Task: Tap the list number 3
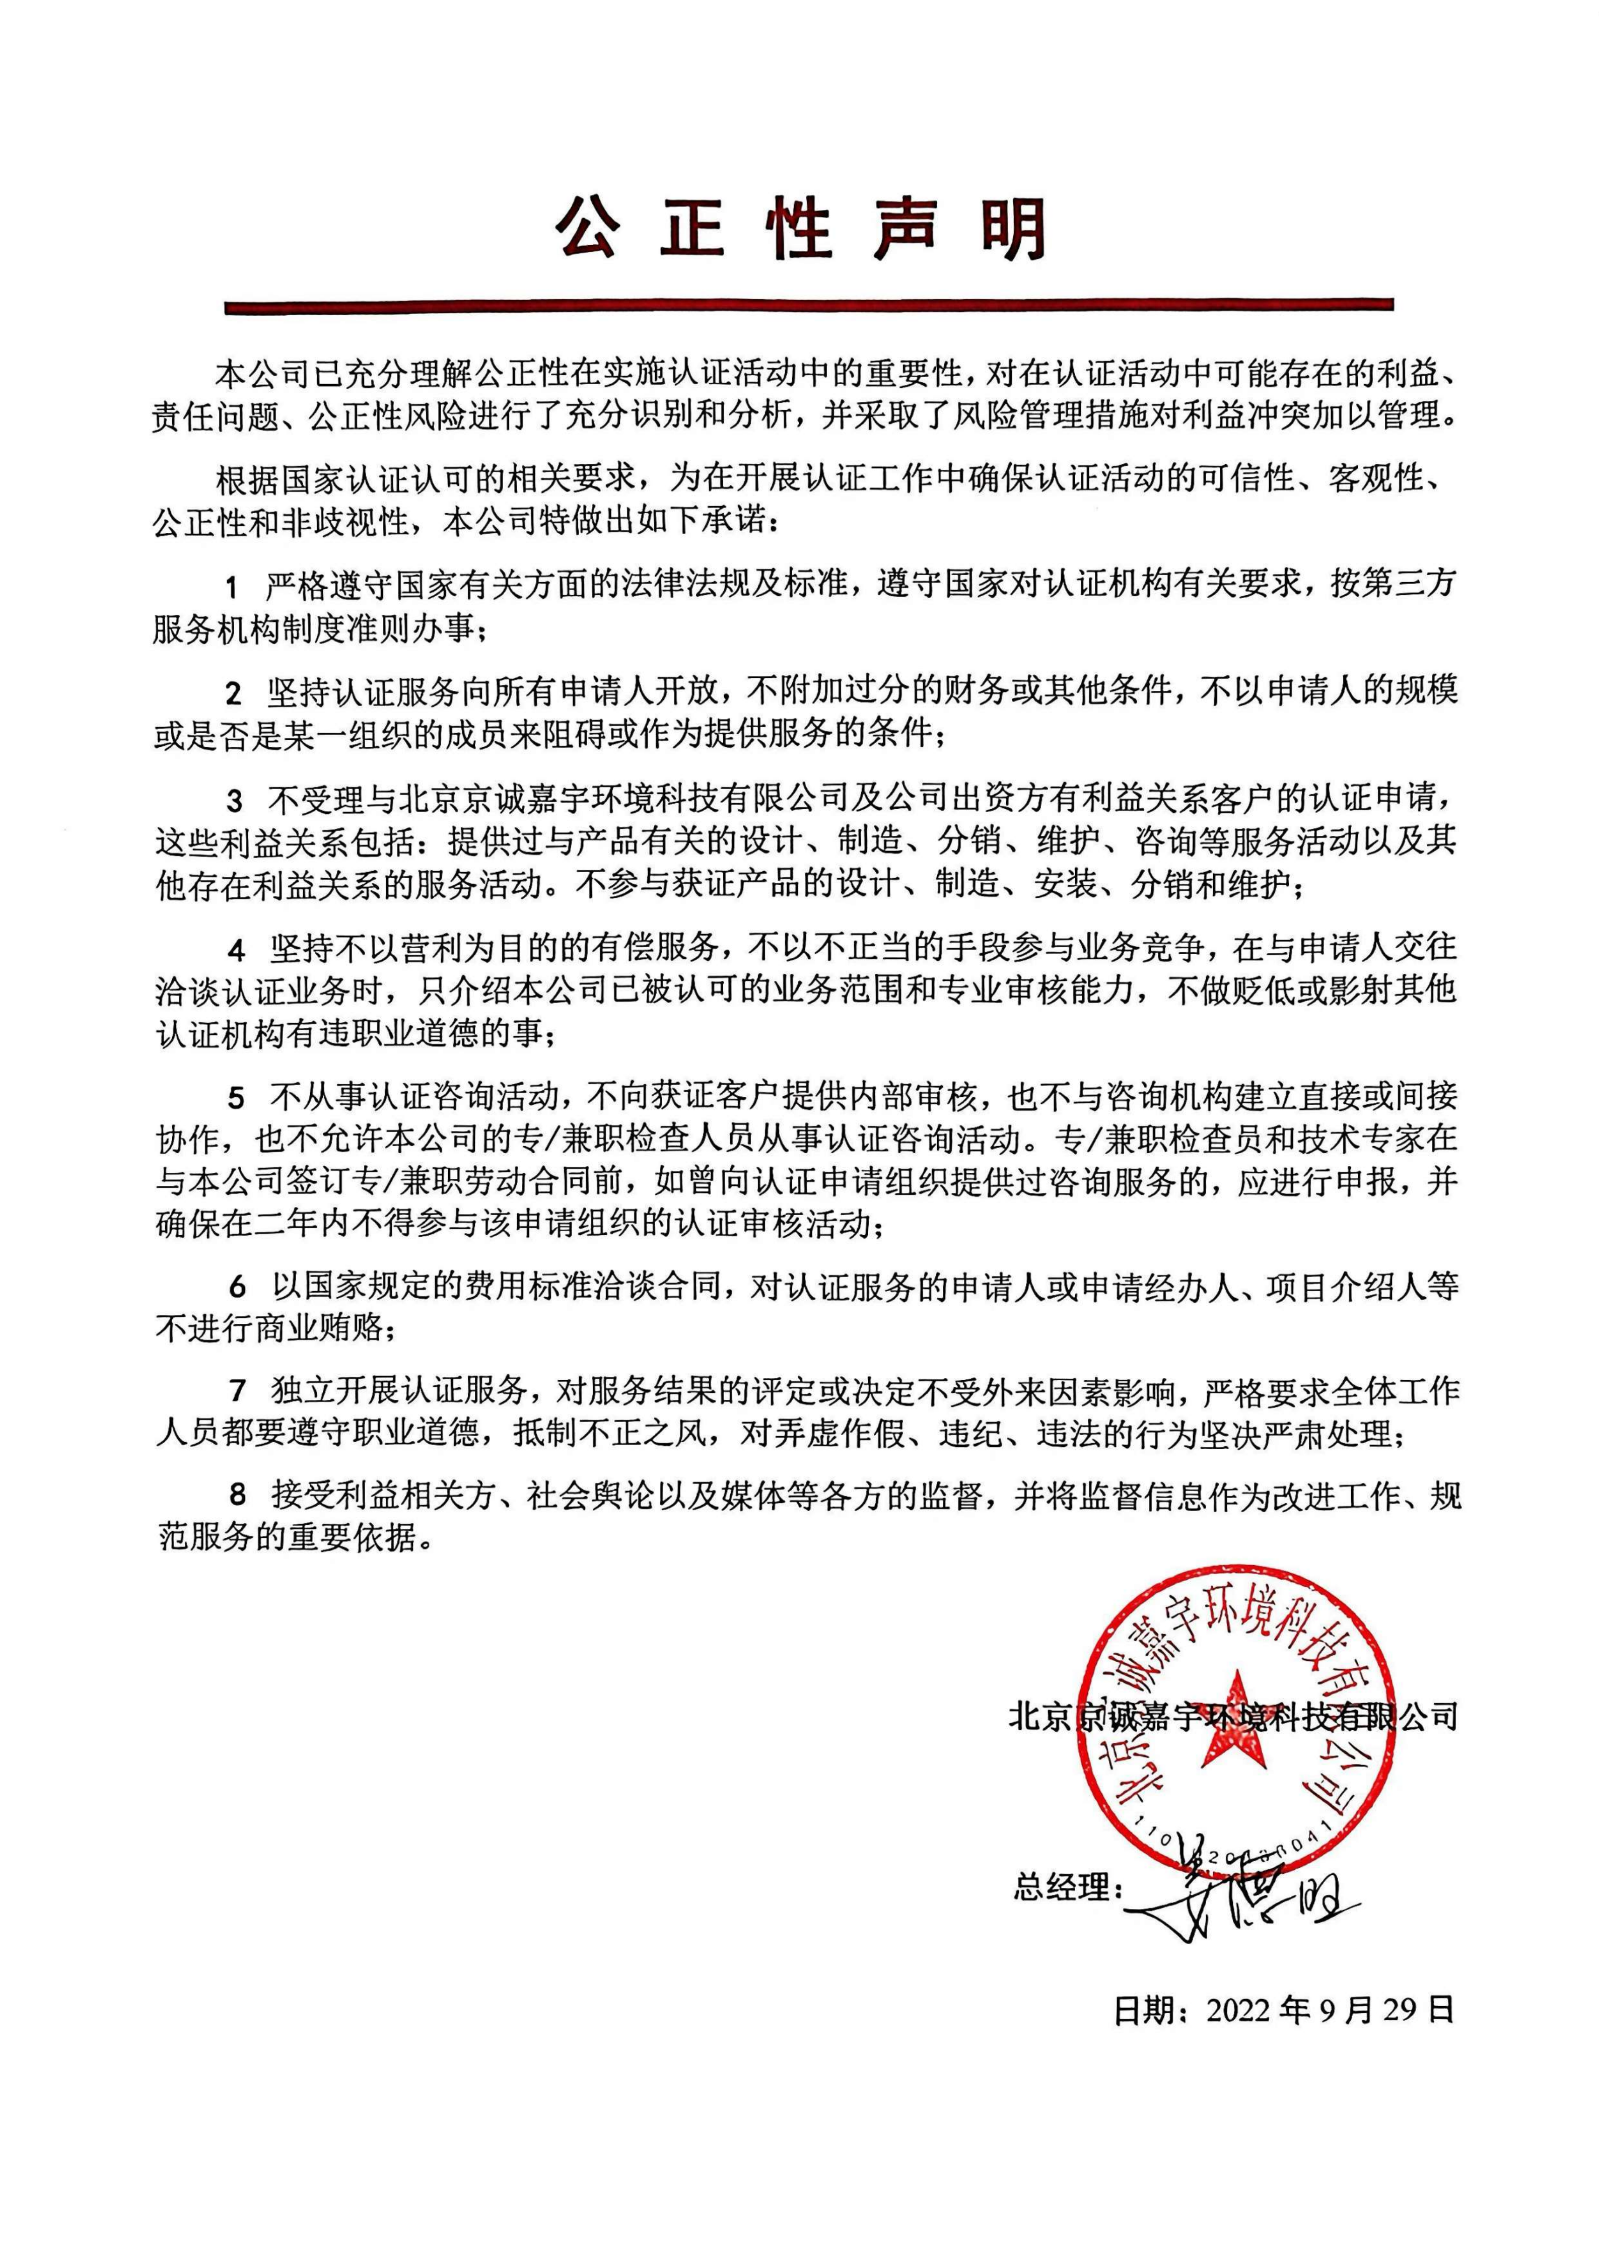(x=233, y=800)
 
